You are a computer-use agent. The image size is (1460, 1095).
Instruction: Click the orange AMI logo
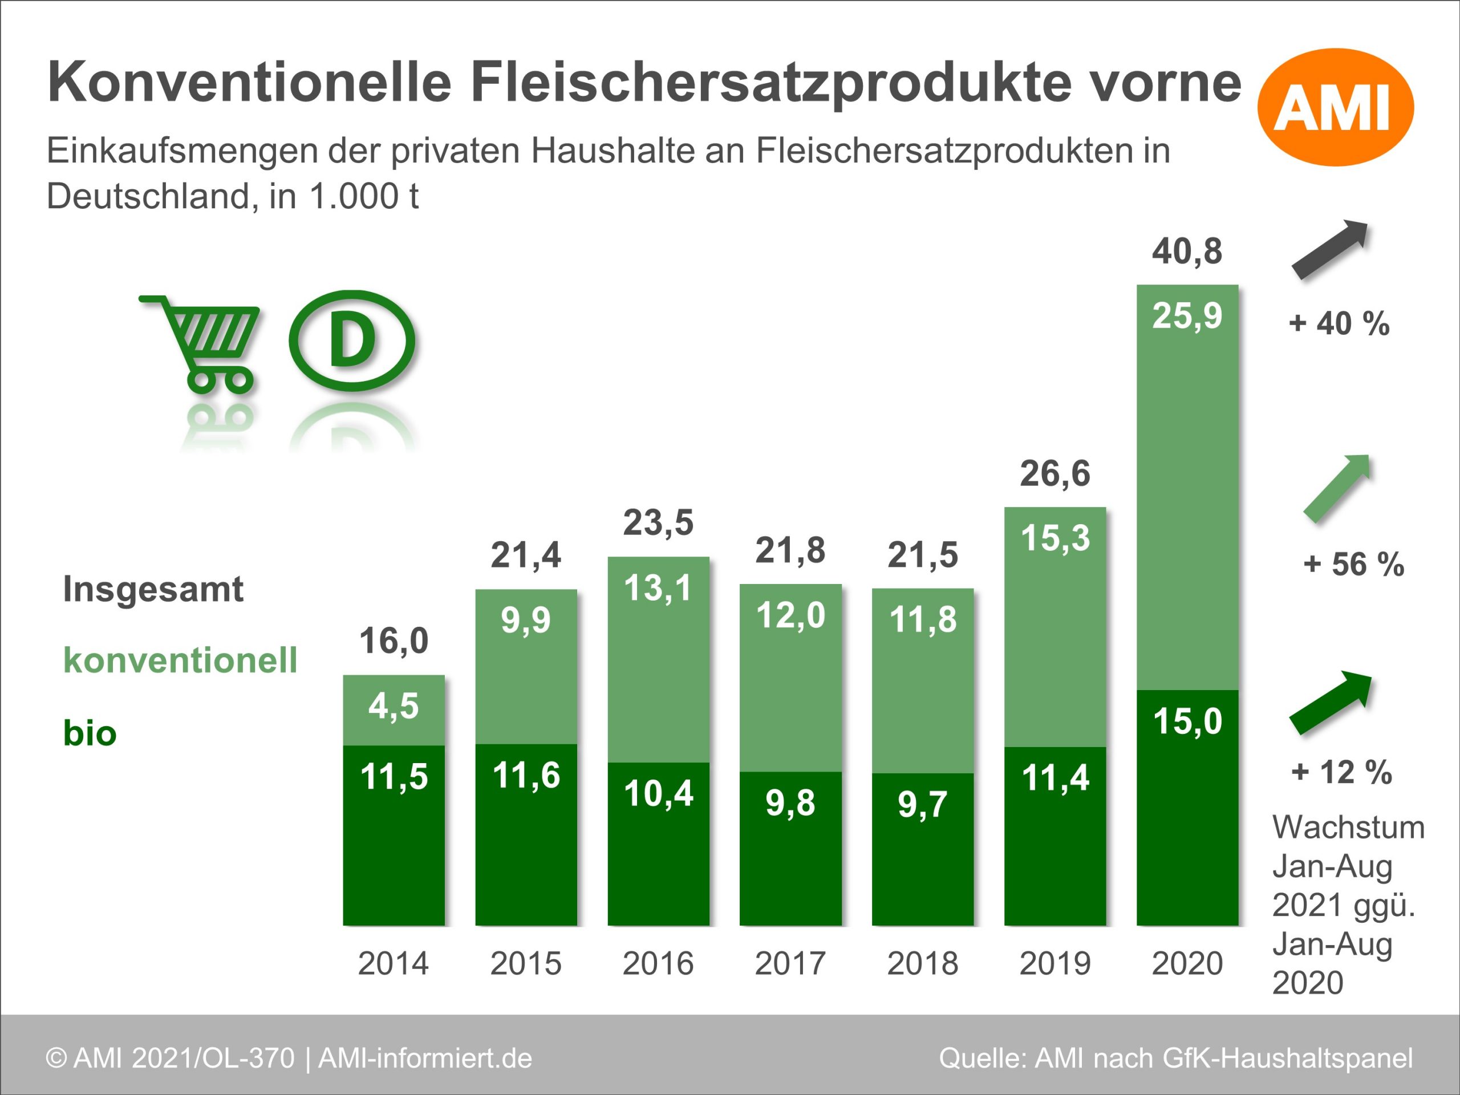1335,107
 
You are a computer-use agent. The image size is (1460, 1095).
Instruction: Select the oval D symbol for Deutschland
352,340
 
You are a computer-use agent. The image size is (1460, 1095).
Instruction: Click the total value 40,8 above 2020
1187,252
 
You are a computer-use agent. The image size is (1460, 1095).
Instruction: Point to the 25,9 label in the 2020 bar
1187,315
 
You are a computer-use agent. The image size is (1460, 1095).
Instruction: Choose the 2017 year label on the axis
790,963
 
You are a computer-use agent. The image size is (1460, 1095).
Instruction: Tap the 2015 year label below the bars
525,963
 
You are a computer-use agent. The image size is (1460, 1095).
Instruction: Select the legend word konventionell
180,660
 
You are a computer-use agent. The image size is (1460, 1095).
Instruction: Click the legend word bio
90,733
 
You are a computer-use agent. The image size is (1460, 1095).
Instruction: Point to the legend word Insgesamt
153,589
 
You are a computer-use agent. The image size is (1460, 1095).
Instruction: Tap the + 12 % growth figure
1341,772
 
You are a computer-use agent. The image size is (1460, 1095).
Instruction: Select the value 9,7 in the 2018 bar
922,804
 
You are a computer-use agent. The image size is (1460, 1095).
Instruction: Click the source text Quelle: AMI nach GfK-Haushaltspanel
1175,1058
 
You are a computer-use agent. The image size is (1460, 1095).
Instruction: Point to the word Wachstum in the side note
1348,827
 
